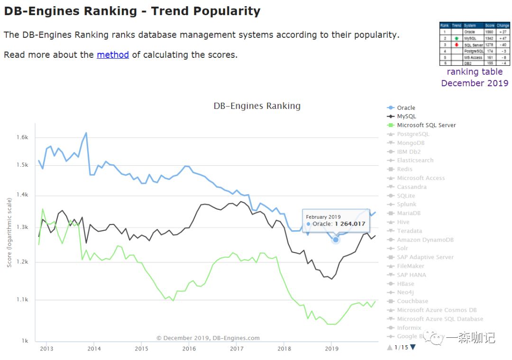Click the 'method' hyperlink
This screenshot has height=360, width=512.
pos(113,55)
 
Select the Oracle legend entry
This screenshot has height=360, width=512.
pos(406,108)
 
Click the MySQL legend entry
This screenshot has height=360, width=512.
pos(406,117)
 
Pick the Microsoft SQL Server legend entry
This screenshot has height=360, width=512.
pos(426,126)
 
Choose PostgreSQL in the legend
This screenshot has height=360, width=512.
pos(413,134)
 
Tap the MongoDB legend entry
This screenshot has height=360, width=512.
pos(411,143)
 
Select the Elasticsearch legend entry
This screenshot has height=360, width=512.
pos(415,161)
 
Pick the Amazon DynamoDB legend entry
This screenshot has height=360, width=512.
pos(425,240)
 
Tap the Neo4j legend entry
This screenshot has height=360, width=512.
pos(405,293)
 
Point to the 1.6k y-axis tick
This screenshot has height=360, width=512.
pos(22,137)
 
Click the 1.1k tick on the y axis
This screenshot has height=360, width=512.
pos(22,300)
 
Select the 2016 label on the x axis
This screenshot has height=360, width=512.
pos(189,349)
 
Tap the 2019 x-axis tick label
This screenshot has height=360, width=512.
pos(331,349)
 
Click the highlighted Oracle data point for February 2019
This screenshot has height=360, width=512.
pos(336,240)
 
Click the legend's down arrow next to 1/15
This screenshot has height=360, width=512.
pos(412,347)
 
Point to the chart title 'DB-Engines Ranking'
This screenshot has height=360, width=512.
pos(257,106)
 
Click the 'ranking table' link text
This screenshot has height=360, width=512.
pos(475,72)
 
